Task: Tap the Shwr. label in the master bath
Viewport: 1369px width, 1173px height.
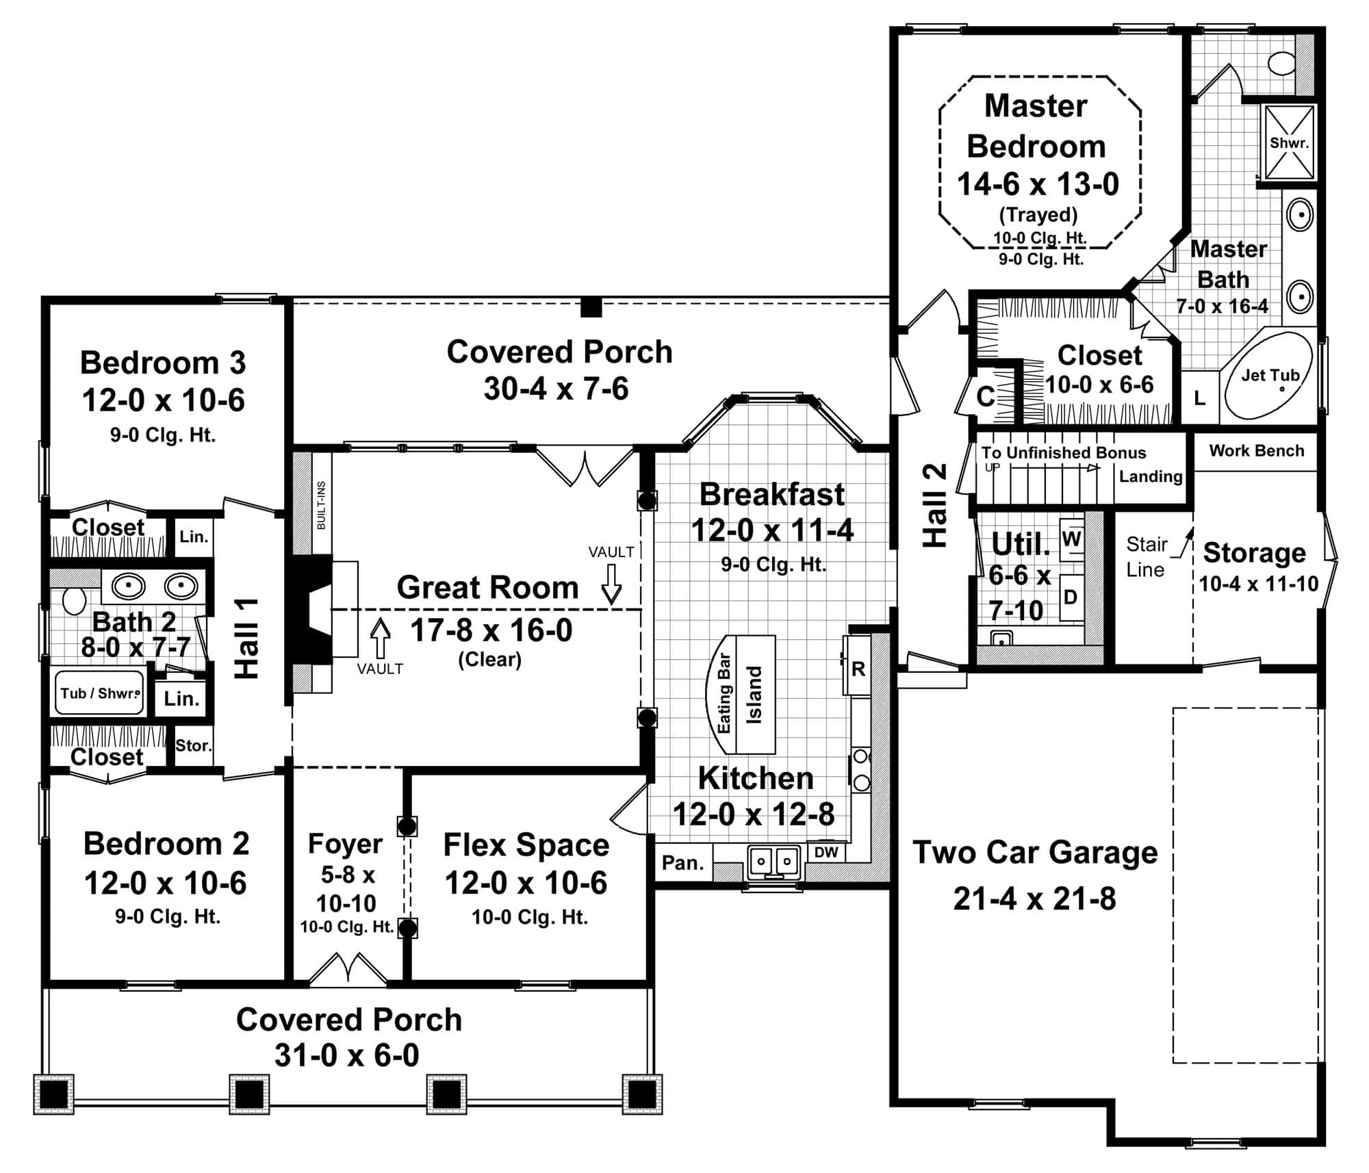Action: pos(1289,143)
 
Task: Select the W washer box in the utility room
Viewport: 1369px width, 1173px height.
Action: pos(1071,539)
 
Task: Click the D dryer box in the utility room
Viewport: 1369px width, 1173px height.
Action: pos(1071,597)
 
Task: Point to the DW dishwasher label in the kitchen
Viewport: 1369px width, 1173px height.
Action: pos(826,852)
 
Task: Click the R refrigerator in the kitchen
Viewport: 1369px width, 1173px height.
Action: pos(858,669)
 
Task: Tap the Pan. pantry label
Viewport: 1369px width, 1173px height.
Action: pos(682,863)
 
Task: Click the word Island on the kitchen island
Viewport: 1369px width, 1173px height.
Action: pos(754,695)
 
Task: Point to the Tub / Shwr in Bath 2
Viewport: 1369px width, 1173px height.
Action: pos(100,693)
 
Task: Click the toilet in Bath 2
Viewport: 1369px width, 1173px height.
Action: pos(73,600)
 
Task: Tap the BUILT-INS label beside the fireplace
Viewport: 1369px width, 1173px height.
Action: pos(321,504)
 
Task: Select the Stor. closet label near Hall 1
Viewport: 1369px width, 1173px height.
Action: pos(193,745)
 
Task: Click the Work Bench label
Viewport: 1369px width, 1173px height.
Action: pos(1256,451)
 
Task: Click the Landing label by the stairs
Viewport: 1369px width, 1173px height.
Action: pos(1150,476)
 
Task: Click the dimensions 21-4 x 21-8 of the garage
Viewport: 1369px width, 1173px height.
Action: pos(1034,899)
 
